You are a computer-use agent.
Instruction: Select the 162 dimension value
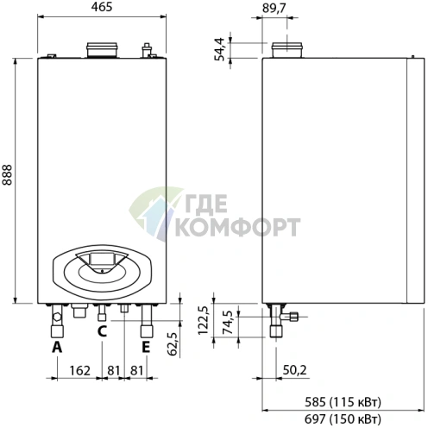click(79, 370)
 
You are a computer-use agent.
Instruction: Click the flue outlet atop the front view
click(103, 48)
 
